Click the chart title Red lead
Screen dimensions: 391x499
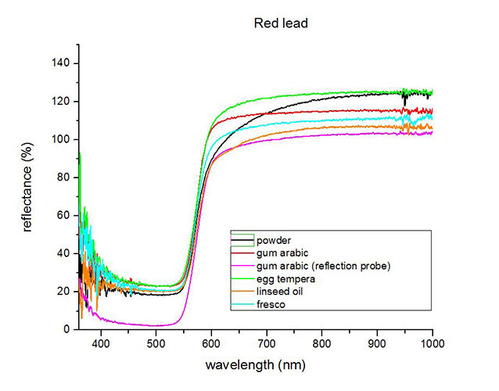281,23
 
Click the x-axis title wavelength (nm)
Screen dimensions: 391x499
257,365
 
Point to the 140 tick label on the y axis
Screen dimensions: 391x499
62,63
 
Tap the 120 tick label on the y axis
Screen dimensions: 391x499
62,102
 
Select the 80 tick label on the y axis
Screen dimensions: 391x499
65,178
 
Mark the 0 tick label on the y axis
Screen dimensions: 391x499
68,330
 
